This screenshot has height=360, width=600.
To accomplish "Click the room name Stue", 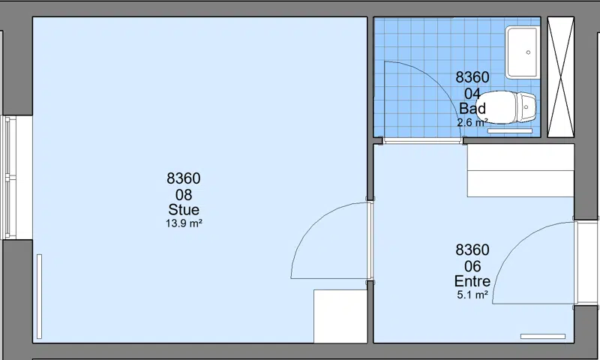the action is tap(184, 210).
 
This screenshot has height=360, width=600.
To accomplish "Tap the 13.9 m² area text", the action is tap(184, 223).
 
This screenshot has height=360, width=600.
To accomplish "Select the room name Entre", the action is tap(472, 281).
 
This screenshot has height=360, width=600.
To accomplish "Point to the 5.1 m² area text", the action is tap(472, 295).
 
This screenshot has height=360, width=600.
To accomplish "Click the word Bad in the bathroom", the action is tap(472, 109).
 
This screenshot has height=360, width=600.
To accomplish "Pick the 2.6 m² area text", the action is tap(472, 122).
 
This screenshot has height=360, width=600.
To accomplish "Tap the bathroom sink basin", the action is tap(522, 52).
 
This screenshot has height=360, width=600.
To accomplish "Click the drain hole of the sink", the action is tap(529, 52).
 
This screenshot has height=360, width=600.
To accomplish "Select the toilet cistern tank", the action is tap(526, 107).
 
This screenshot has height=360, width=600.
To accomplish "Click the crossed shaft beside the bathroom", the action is tap(560, 77).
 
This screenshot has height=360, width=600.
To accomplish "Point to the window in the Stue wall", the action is tap(8, 178).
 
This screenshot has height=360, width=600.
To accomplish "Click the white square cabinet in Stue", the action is tap(340, 316).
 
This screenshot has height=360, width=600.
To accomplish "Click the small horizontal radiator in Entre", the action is tap(542, 336).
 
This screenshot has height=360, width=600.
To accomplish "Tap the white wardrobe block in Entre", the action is tap(520, 171).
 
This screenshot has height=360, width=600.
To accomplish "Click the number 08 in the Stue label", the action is tap(184, 195).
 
